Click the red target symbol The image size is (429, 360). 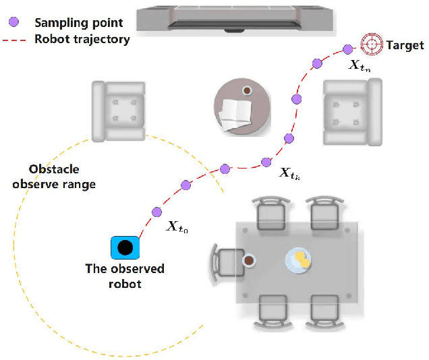(371, 44)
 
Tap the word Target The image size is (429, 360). (405, 46)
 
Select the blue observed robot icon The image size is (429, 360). (125, 247)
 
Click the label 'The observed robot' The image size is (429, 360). (125, 276)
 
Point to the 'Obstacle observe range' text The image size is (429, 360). (54, 177)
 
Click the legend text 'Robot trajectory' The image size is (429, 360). (82, 39)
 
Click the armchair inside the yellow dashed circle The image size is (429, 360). (120, 111)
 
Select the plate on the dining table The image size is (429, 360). (299, 260)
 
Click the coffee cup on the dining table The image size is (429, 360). (249, 260)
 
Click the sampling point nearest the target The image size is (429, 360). (347, 49)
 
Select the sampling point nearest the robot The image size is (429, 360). (156, 210)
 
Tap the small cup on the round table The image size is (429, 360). (248, 90)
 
